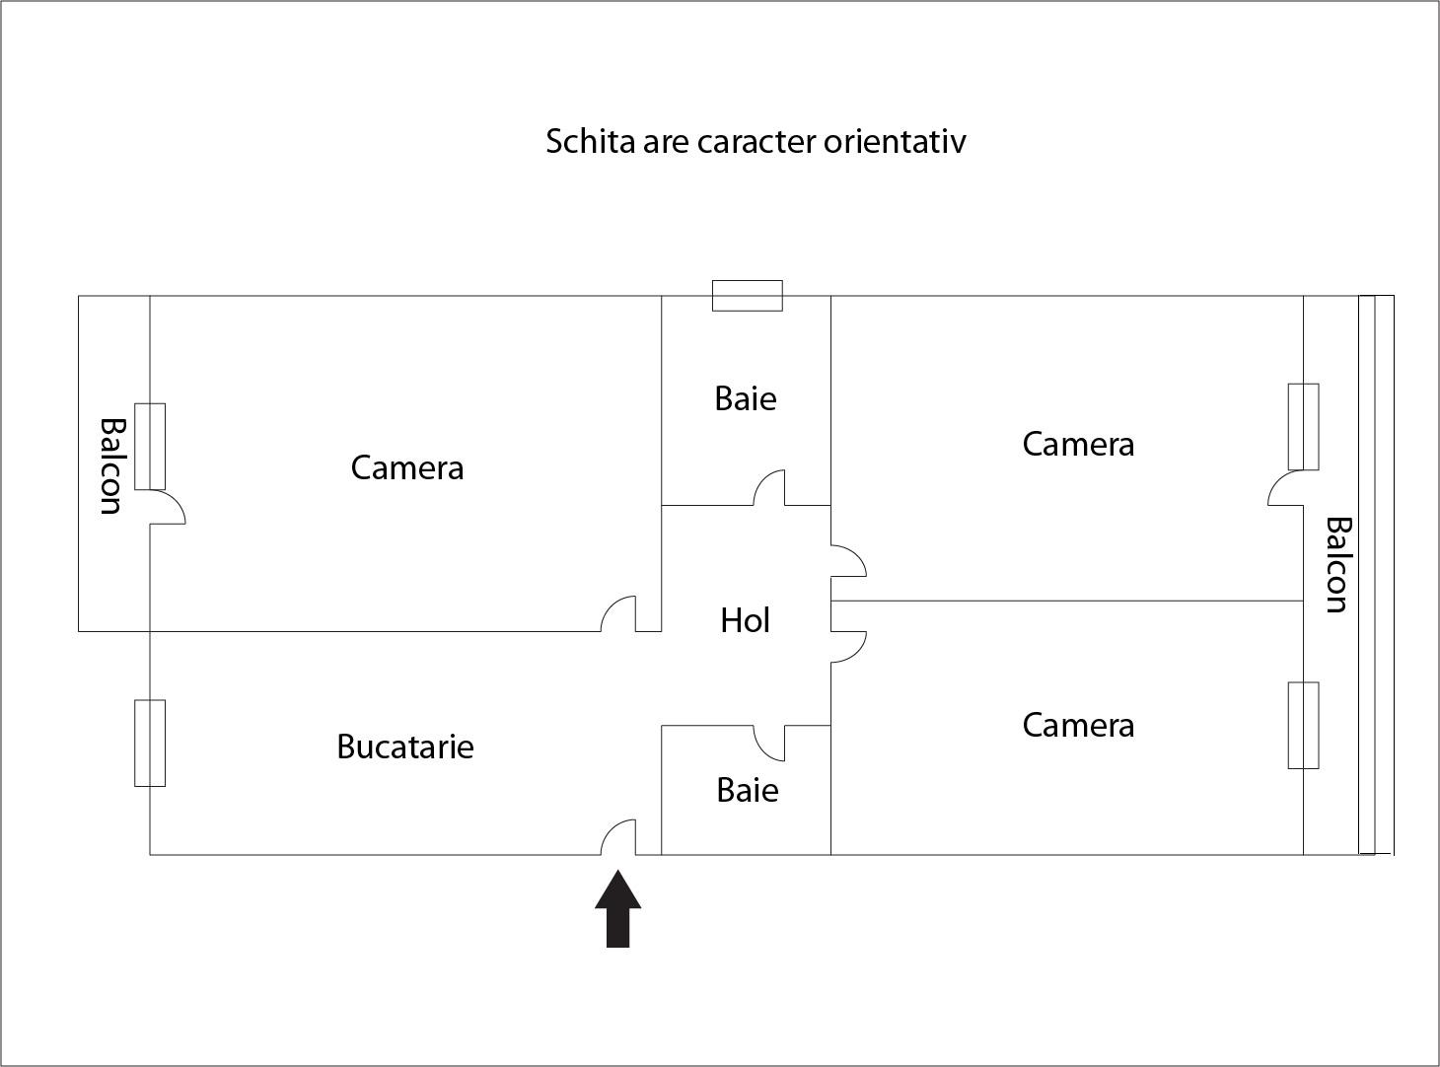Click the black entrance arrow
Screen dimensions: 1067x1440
[x=618, y=909]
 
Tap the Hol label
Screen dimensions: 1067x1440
[x=745, y=620]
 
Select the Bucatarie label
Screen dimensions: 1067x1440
[x=404, y=747]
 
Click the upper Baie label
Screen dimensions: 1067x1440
[x=745, y=398]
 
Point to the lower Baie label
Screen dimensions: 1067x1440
[x=747, y=790]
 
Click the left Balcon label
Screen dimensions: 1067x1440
[x=111, y=465]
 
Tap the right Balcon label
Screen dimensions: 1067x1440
[x=1335, y=564]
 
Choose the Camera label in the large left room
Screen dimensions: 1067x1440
[x=406, y=467]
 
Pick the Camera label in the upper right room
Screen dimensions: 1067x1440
[x=1077, y=444]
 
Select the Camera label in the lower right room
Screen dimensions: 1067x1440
[x=1077, y=725]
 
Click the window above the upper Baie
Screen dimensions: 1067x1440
[x=747, y=296]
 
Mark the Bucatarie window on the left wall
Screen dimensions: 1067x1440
[x=150, y=743]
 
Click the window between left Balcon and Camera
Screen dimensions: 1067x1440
[x=150, y=446]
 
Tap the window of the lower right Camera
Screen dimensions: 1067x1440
[x=1303, y=725]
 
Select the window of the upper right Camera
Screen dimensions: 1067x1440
[x=1303, y=427]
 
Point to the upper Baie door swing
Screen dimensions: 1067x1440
[x=769, y=488]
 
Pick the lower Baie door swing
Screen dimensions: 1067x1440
[x=769, y=743]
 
